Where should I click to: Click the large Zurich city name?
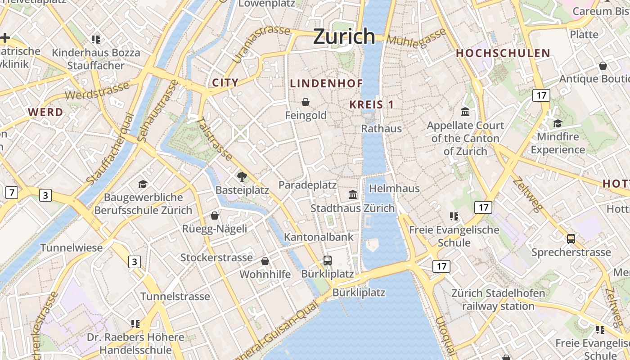pos(344,36)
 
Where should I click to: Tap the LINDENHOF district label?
pos(326,83)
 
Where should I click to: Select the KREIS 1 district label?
pos(372,105)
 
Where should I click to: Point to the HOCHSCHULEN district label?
pos(503,53)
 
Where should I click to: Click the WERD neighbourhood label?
pos(45,112)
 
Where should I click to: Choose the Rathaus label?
pos(382,129)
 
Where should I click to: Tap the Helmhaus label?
pos(394,188)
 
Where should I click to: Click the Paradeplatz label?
pos(307,185)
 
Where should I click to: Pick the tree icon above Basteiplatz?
pos(242,176)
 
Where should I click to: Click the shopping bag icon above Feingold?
pos(306,102)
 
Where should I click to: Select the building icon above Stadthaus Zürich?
pos(353,194)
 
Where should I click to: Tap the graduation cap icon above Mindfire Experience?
pos(558,123)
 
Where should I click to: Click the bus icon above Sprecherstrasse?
pos(571,239)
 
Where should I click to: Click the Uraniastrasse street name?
pos(261,44)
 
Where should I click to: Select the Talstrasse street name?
pos(215,139)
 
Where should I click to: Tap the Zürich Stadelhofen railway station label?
pos(498,300)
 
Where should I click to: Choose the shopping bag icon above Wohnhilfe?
pos(265,261)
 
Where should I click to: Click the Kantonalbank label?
pos(319,237)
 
